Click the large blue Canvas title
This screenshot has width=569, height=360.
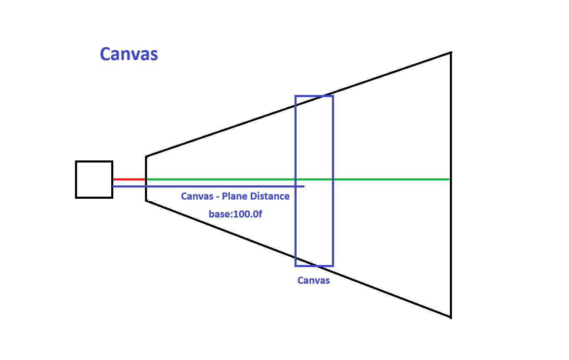(129, 54)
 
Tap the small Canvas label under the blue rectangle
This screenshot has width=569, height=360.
(313, 280)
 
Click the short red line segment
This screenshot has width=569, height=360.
(129, 179)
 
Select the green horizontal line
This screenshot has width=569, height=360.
(375, 179)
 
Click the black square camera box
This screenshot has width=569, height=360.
(94, 179)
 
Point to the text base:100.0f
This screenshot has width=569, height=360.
(235, 215)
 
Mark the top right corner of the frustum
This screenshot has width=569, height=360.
(451, 52)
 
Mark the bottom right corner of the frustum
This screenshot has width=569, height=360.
(451, 317)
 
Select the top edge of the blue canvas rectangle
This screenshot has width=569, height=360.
(314, 96)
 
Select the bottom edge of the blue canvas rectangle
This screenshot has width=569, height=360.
(314, 265)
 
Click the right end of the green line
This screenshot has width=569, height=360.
(448, 179)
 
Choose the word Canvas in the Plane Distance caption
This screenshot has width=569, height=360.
(197, 196)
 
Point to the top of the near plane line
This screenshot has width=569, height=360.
(146, 157)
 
